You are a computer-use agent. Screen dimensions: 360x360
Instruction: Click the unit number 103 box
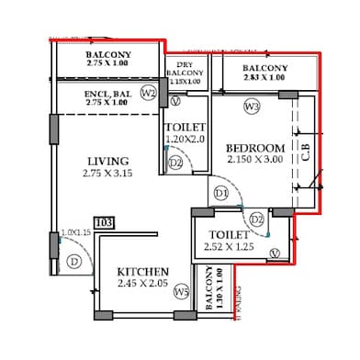click(x=104, y=222)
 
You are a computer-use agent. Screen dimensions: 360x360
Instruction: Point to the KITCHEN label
click(x=142, y=272)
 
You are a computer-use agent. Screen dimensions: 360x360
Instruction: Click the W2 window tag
click(x=148, y=93)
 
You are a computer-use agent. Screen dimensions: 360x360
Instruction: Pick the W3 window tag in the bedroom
click(x=253, y=107)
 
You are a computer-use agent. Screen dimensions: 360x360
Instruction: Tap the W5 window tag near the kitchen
click(x=182, y=292)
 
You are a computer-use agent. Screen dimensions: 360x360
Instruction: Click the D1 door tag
click(x=220, y=194)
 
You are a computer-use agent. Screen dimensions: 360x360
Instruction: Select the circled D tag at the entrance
click(x=73, y=261)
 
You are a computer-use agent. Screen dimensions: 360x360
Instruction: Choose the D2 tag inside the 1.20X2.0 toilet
click(x=175, y=163)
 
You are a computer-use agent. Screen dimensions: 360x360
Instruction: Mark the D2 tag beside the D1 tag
click(x=256, y=219)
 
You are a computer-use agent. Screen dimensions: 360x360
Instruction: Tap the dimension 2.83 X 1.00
click(x=265, y=79)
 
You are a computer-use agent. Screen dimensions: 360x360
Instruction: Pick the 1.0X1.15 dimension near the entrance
click(x=76, y=232)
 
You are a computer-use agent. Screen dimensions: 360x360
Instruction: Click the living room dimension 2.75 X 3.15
click(x=109, y=173)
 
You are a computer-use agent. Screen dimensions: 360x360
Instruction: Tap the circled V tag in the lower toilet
click(x=275, y=253)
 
